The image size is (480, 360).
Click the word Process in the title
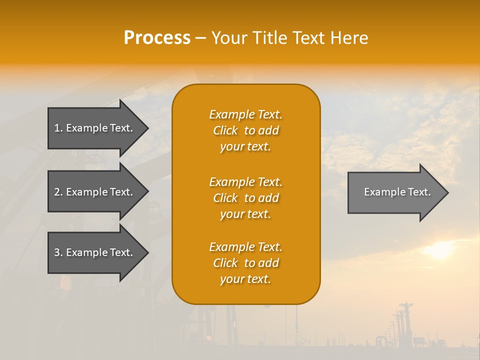tap(157, 38)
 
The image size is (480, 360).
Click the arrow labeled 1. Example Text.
tap(93, 128)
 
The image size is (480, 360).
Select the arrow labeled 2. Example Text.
tap(93, 192)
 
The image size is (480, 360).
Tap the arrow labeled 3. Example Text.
tap(93, 252)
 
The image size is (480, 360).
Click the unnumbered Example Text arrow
tap(397, 192)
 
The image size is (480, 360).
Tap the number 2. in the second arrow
tap(58, 192)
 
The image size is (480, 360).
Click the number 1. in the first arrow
tap(58, 128)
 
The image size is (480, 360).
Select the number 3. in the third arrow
tap(58, 252)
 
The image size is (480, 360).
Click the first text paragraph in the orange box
tap(245, 130)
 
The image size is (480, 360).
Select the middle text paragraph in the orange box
tap(245, 197)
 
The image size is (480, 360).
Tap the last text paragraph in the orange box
tap(245, 263)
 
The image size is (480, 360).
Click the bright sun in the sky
tap(439, 250)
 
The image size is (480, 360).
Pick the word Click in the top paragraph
tap(225, 130)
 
